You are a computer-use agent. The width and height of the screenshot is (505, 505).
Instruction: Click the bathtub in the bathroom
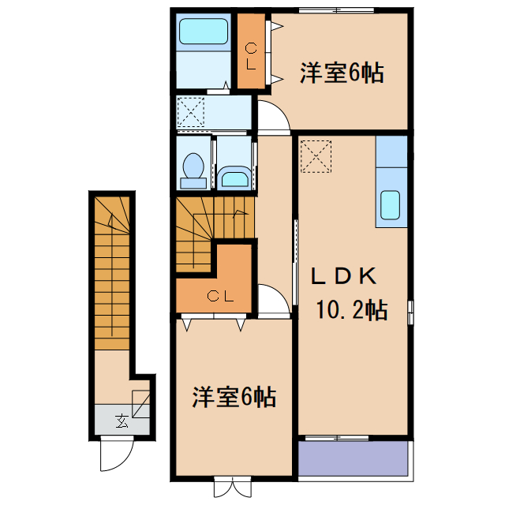(x=203, y=33)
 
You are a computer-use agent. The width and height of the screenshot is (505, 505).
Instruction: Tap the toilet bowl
(x=193, y=168)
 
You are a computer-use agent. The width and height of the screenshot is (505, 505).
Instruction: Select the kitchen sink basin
(x=391, y=205)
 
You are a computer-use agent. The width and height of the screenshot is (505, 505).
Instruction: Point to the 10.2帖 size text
(x=352, y=310)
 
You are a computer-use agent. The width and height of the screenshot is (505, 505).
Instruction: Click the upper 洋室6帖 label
(x=341, y=73)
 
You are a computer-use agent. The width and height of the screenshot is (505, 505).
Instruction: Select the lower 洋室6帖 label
(x=234, y=397)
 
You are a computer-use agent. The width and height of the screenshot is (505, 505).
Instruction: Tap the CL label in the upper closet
(x=250, y=55)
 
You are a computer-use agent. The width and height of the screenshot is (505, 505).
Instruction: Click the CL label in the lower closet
(x=220, y=297)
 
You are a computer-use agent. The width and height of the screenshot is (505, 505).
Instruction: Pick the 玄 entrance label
(x=122, y=420)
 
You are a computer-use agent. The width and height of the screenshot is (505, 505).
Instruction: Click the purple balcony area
(x=352, y=457)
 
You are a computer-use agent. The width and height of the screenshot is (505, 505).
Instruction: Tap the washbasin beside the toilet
(x=233, y=176)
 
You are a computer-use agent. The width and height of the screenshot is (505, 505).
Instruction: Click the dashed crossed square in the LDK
(x=316, y=155)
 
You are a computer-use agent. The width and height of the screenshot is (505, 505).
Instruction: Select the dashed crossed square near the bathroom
(x=191, y=110)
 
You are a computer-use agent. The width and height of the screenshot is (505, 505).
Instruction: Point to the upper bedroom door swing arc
(x=273, y=119)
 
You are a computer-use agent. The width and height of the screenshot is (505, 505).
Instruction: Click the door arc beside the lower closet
(x=273, y=301)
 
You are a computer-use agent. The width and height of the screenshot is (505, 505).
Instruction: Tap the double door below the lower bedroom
(x=234, y=487)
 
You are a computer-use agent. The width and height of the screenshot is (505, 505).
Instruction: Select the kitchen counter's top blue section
(x=391, y=151)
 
